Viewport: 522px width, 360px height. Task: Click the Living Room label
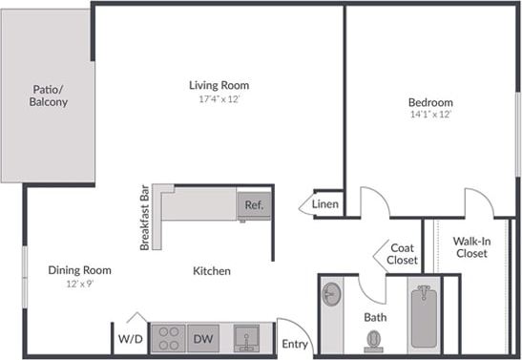[219, 85]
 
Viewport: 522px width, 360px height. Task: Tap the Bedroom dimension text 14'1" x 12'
[429, 115]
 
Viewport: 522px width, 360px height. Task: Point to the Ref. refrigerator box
[254, 204]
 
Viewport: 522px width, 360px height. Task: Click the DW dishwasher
[203, 338]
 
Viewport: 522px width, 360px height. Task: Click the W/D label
[130, 339]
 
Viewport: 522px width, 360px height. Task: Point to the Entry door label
[295, 344]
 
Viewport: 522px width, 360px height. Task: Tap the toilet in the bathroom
[374, 340]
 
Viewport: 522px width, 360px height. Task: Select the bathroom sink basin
[331, 293]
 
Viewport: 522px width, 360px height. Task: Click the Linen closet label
[325, 204]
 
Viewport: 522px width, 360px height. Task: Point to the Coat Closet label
[403, 254]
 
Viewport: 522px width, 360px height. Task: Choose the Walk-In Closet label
[470, 247]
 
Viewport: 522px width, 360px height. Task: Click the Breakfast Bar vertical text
[145, 218]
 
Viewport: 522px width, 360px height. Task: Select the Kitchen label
[212, 271]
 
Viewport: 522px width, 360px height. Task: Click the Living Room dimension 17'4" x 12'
[219, 99]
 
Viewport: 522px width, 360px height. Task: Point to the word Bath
[374, 316]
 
